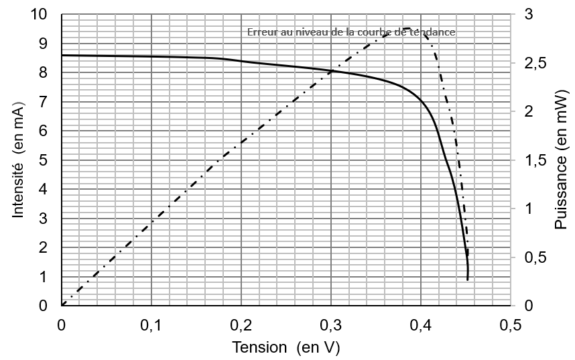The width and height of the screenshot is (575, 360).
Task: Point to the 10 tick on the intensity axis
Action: pos(39,14)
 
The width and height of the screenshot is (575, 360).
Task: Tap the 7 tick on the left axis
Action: pos(43,102)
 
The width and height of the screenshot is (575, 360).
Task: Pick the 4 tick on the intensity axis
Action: pos(43,189)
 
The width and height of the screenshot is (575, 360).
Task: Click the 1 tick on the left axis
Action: pos(43,277)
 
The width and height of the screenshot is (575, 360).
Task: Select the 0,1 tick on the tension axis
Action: pos(151,326)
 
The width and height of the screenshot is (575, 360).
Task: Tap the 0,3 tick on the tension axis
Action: pos(331,326)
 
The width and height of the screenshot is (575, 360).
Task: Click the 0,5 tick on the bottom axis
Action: pos(511,326)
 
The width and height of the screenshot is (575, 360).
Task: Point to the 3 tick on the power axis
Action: pos(529,14)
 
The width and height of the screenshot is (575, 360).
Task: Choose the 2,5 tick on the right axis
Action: pos(535,63)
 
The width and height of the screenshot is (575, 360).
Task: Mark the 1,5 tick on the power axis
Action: pos(535,160)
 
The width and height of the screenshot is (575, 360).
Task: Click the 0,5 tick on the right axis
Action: pos(535,257)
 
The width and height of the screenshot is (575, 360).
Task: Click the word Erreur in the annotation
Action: pos(262,32)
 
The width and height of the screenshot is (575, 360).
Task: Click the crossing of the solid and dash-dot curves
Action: pos(332,70)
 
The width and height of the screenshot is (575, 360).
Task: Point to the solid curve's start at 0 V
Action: pos(62,55)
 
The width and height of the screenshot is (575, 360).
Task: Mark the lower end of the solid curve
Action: pos(467,279)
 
